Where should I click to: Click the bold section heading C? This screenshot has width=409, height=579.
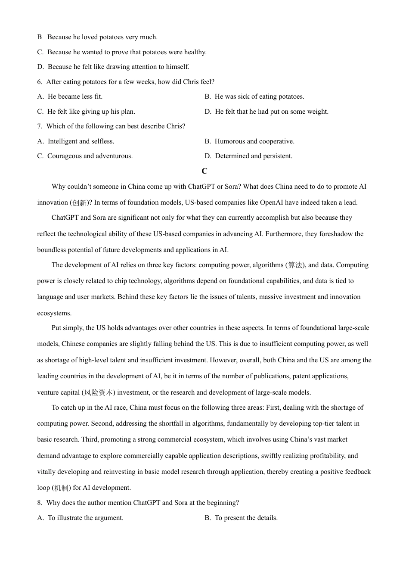(x=204, y=171)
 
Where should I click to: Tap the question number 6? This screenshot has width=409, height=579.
(x=40, y=82)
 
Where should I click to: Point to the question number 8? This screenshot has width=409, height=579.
(x=40, y=503)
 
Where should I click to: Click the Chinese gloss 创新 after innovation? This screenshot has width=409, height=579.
(x=80, y=203)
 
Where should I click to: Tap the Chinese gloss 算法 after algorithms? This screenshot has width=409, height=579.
(x=295, y=265)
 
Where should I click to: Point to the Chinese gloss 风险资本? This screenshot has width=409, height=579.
(x=98, y=393)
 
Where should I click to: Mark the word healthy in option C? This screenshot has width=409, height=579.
(x=195, y=52)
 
